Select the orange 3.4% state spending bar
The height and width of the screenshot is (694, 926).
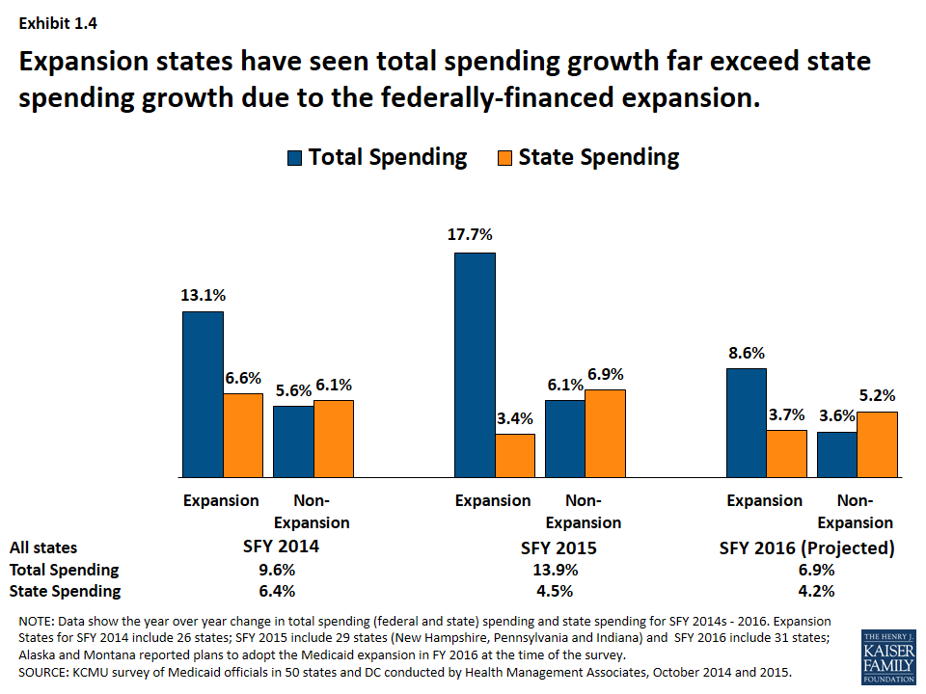515,455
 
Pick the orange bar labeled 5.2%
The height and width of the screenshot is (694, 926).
878,444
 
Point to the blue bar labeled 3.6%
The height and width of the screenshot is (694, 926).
837,454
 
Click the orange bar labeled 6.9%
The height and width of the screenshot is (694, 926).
605,433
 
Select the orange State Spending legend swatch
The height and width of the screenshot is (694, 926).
504,158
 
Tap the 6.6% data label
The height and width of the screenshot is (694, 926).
244,379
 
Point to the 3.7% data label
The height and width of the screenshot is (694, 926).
787,415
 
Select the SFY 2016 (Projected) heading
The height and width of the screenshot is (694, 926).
806,547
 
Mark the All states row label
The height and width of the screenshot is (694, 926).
43,547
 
